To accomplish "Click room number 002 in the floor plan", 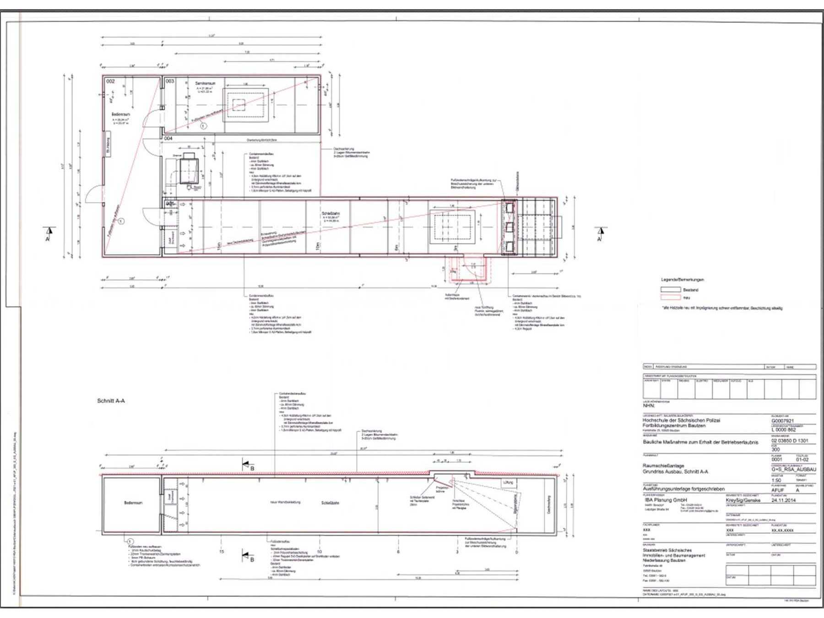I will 111,81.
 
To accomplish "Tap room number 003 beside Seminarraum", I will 170,81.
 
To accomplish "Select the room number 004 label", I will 168,138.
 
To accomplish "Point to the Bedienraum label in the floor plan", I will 121,114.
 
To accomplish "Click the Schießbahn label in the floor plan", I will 331,214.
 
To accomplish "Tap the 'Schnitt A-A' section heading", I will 111,401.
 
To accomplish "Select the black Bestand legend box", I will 670,290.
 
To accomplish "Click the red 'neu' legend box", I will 670,298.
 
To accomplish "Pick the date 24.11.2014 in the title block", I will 783,500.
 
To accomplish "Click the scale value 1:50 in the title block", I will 776,481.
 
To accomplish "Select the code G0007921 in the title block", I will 782,421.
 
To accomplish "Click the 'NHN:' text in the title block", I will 649,406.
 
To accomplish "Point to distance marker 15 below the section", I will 222,552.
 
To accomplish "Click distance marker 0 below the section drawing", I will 517,552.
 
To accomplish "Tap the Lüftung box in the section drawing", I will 508,482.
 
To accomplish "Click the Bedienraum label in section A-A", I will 133,503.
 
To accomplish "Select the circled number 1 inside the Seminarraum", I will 204,125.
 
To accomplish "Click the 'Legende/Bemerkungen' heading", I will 682,280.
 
